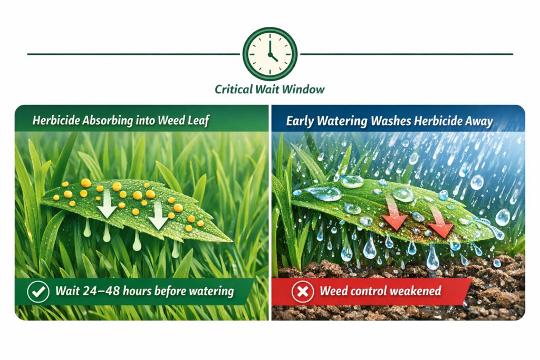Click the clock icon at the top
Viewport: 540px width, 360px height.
(x=270, y=54)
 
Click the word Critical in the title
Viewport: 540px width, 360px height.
(x=234, y=90)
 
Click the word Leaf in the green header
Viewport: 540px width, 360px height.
(x=198, y=121)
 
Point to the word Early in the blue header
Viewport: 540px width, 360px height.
(x=300, y=121)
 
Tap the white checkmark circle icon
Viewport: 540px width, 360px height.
(x=38, y=291)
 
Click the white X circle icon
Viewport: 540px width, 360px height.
(x=303, y=291)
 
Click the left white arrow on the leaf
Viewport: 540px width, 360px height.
(x=107, y=205)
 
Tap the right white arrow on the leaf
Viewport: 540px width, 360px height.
(x=158, y=216)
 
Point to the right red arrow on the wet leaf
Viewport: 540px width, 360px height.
(x=441, y=223)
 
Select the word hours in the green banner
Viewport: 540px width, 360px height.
(x=137, y=291)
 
